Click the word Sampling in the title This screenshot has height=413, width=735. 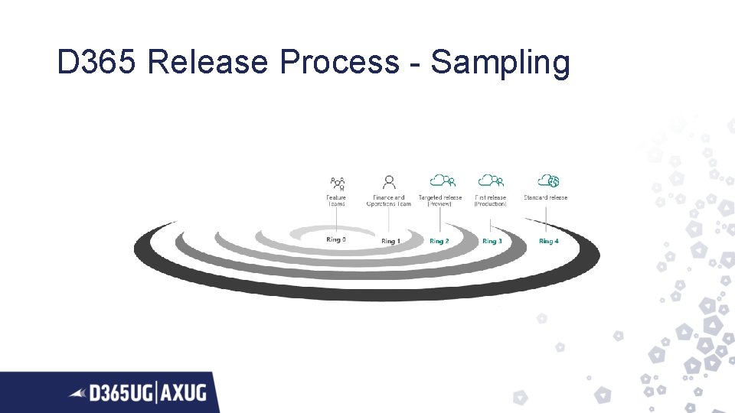click(x=500, y=63)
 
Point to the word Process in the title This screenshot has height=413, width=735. click(x=338, y=62)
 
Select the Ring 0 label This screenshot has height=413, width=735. click(x=336, y=239)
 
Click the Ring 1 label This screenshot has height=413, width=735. click(x=390, y=241)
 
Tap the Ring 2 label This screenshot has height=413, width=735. click(x=439, y=241)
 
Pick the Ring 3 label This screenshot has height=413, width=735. click(x=492, y=241)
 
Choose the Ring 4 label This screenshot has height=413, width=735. click(x=548, y=241)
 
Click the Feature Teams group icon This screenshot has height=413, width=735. click(x=337, y=183)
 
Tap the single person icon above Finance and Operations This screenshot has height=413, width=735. click(x=390, y=182)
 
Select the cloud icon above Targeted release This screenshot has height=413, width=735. click(x=442, y=181)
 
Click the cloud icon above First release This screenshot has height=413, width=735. click(x=491, y=181)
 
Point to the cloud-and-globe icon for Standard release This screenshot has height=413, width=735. click(x=547, y=181)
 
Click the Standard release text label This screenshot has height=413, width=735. click(x=546, y=198)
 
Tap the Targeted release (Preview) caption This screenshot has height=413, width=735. click(x=440, y=200)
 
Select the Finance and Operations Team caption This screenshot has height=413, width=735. click(x=389, y=200)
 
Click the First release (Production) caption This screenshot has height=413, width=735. click(x=491, y=200)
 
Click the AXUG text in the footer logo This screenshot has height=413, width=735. click(x=184, y=393)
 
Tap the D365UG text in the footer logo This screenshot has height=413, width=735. click(x=121, y=393)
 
